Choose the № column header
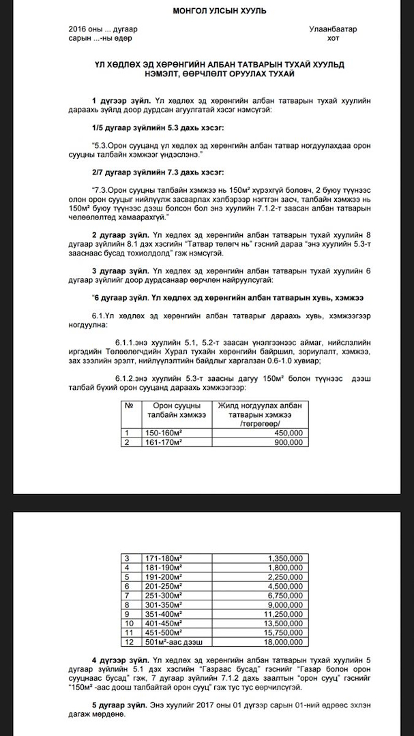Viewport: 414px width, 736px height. point(129,405)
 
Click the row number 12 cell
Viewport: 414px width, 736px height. point(128,642)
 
